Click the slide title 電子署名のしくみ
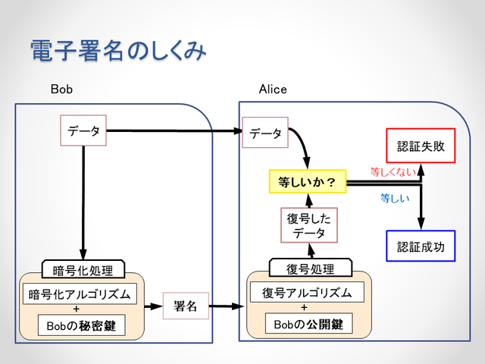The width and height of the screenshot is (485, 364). (117, 51)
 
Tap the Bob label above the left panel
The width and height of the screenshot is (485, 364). (61, 89)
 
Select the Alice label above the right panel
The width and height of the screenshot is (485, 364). (273, 89)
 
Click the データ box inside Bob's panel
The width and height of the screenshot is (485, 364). (83, 131)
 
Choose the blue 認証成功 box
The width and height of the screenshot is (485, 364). (420, 246)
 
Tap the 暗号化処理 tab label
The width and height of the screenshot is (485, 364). (83, 270)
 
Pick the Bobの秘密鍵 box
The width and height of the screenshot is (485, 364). (82, 326)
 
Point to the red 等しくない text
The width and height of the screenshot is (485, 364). (393, 171)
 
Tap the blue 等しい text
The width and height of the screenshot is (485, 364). (395, 199)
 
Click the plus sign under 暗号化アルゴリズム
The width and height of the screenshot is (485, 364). (81, 310)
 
